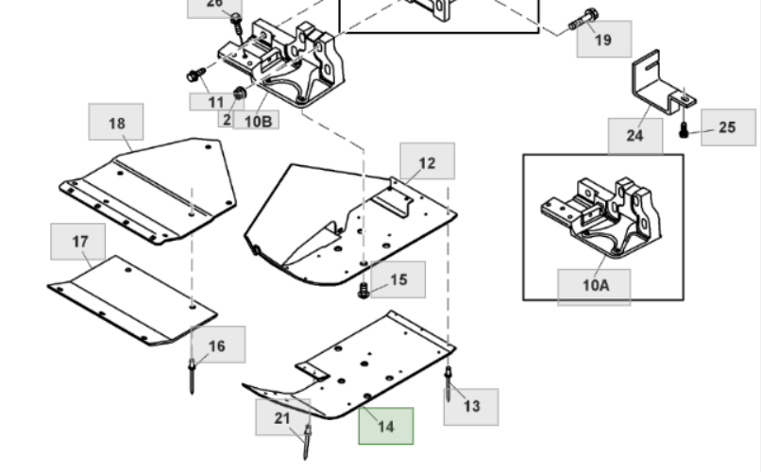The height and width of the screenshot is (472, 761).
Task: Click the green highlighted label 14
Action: [385, 427]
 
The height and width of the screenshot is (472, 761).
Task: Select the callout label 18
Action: [116, 124]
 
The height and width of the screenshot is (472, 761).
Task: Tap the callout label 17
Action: [80, 243]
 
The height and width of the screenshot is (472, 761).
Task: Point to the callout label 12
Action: [427, 162]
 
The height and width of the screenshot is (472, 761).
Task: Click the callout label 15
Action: [398, 279]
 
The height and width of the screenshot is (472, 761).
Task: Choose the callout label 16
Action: [217, 346]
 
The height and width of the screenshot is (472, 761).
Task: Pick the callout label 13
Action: [471, 406]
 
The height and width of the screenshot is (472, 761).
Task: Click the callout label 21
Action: [282, 418]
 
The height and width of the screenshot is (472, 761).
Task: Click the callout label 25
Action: [727, 127]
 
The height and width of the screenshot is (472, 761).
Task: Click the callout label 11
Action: [216, 101]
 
